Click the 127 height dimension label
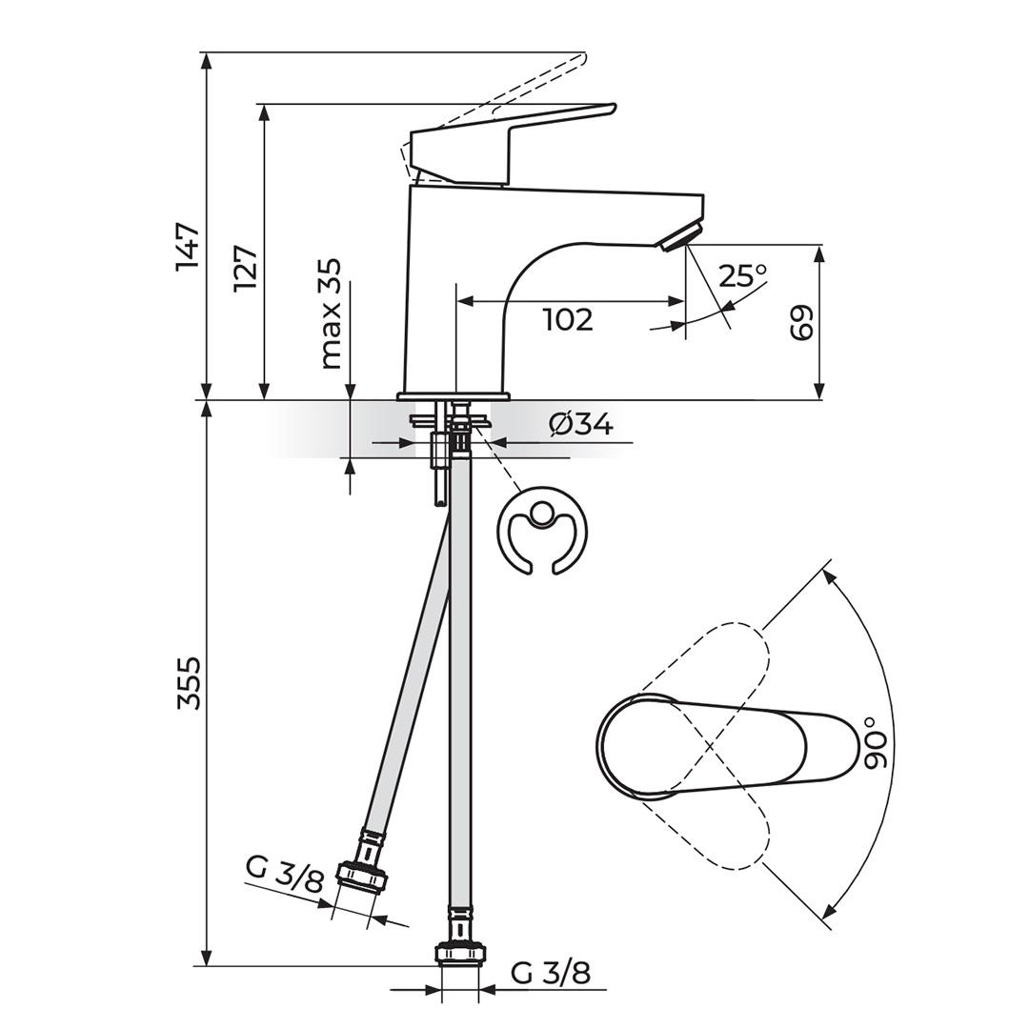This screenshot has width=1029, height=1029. click(x=246, y=269)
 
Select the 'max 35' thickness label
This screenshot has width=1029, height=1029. click(x=331, y=313)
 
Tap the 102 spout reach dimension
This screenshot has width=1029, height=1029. click(x=568, y=320)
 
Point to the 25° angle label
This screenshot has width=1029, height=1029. click(x=743, y=276)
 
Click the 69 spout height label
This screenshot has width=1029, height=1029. click(x=801, y=324)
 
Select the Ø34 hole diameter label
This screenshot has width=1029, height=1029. click(x=581, y=423)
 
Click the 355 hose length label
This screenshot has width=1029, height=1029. click(x=190, y=682)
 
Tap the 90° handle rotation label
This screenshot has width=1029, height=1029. click(x=877, y=743)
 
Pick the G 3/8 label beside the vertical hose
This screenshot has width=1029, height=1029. click(x=551, y=973)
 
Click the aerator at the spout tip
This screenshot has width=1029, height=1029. click(x=681, y=236)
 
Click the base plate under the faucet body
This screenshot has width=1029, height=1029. click(x=454, y=395)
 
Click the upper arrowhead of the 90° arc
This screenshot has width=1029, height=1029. click(x=826, y=575)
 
